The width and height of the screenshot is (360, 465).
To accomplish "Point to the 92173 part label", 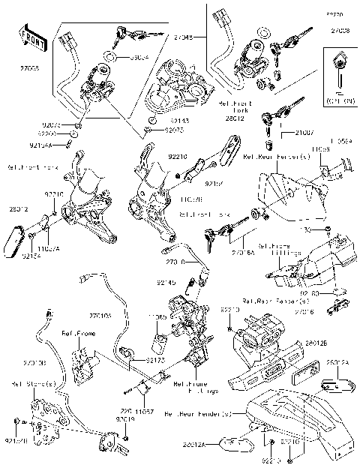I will [x=155, y=360].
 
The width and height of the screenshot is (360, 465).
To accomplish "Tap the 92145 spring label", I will [x=166, y=283].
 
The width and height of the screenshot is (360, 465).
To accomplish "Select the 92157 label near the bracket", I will [x=215, y=182].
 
